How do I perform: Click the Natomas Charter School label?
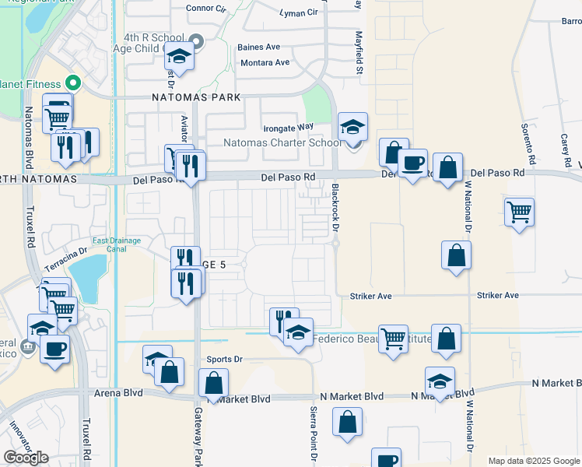coord(282,142)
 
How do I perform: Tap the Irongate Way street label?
coord(287,126)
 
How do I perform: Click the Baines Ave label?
coord(260,47)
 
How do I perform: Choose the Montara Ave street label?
coord(265,62)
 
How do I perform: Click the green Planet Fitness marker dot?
coord(74,81)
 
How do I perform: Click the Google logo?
coord(26,458)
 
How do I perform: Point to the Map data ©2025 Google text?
coord(533,461)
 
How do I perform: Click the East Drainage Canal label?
coord(116,245)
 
